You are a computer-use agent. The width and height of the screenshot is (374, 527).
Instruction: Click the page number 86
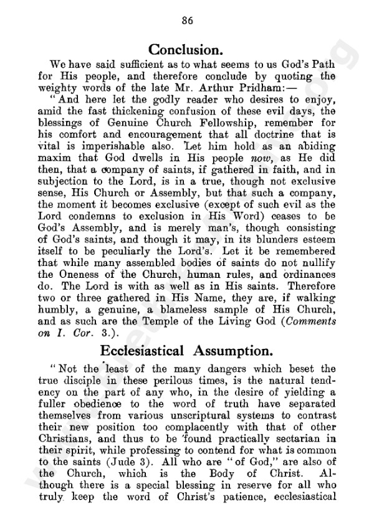tap(187, 20)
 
